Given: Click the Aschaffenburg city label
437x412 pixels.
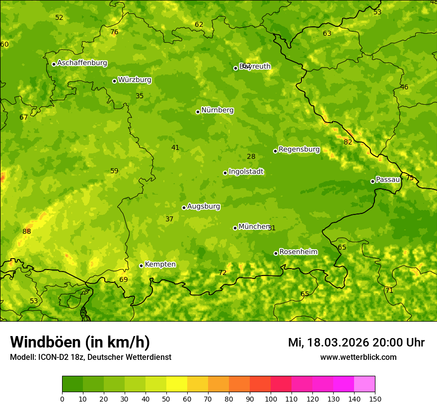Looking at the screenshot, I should tap(82, 63).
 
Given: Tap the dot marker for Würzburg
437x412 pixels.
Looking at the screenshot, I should tap(114, 81).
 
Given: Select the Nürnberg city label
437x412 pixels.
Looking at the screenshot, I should tap(217, 110).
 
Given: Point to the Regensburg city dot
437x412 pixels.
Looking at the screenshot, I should tap(275, 151).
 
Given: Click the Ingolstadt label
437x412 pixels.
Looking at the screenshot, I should tap(246, 172).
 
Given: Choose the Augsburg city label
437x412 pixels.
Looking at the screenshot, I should tap(203, 206).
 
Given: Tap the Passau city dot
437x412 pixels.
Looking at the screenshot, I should tap(372, 181).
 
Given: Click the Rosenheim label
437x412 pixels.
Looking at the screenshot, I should tap(298, 252).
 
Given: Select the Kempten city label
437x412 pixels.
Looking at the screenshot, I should tap(160, 265).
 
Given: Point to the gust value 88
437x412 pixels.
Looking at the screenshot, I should tap(27, 231).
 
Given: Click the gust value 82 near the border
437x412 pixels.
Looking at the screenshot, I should tap(348, 142).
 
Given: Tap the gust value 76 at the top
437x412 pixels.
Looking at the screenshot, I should tap(114, 32).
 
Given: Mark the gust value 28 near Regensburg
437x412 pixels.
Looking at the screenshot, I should tap(251, 156).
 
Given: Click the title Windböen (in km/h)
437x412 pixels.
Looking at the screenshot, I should tap(80, 342).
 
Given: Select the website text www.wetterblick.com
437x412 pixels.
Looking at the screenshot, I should tap(358, 357).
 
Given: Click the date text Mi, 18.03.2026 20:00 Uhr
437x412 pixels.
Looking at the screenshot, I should tap(356, 343).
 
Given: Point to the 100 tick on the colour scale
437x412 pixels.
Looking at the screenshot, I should tap(271, 399).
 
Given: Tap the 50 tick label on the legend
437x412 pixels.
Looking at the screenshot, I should tap(166, 399).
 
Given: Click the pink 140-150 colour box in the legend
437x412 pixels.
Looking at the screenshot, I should tap(364, 384).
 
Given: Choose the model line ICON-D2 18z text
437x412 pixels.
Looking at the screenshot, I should tap(90, 357).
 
